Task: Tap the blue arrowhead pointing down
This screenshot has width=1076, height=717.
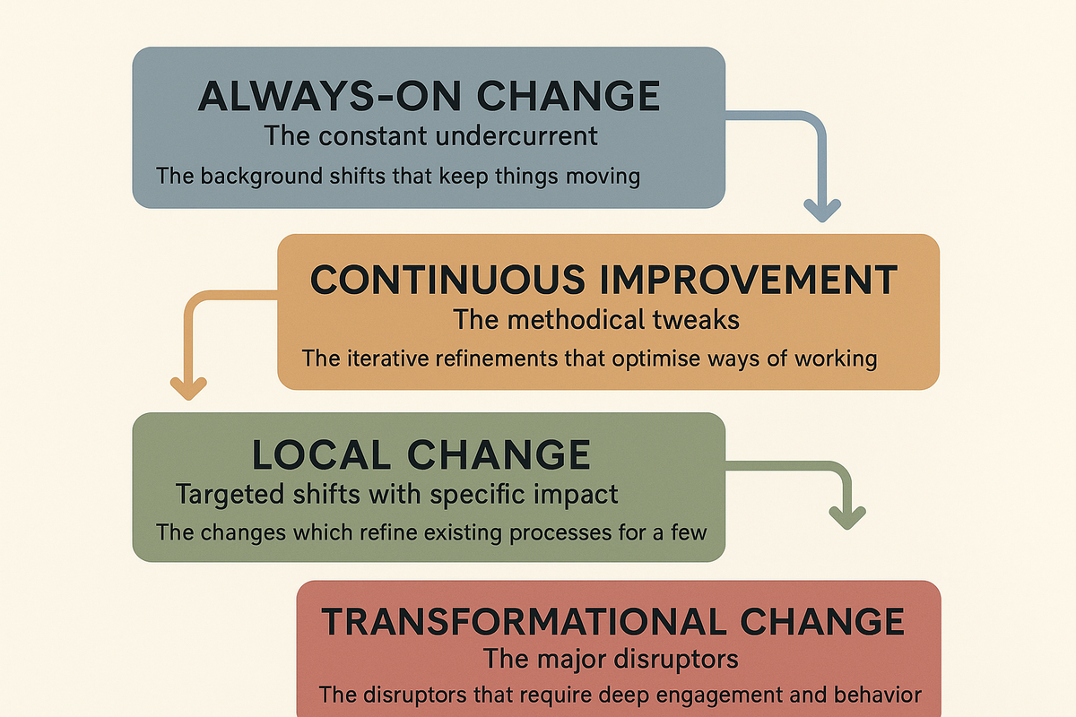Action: [820, 209]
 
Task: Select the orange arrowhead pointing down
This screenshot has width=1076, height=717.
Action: [187, 388]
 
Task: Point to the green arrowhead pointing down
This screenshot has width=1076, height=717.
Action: [846, 515]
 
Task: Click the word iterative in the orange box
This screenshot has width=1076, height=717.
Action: [378, 358]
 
